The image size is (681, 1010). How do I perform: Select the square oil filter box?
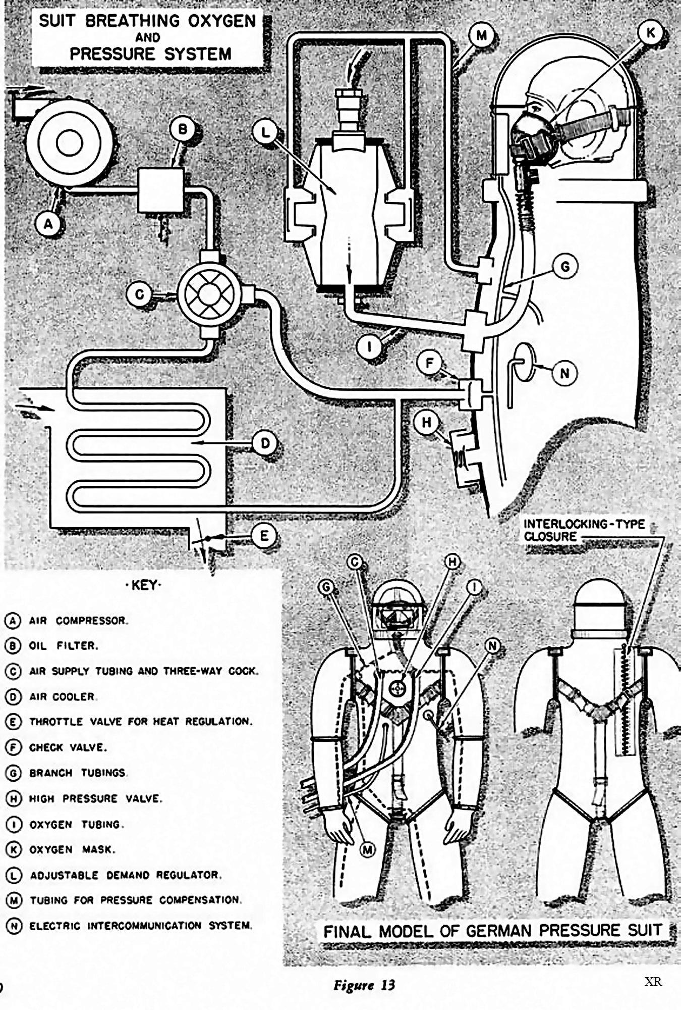pos(161,190)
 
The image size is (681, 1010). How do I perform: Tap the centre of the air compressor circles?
pos(70,143)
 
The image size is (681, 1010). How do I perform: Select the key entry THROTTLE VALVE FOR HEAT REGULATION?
pos(140,722)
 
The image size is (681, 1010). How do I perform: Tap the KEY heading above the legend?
pos(146,586)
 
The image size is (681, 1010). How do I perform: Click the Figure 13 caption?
pos(364,985)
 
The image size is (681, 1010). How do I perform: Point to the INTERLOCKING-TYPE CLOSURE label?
pos(584,530)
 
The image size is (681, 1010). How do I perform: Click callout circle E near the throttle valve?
pos(264,536)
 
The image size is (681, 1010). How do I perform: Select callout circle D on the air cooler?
pos(265,443)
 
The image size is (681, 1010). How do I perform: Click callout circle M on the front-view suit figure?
pos(368,850)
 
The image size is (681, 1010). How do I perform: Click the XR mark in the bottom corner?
pos(653,982)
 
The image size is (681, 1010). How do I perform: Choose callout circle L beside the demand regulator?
pos(266,133)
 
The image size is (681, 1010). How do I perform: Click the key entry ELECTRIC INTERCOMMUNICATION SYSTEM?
pos(140,926)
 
